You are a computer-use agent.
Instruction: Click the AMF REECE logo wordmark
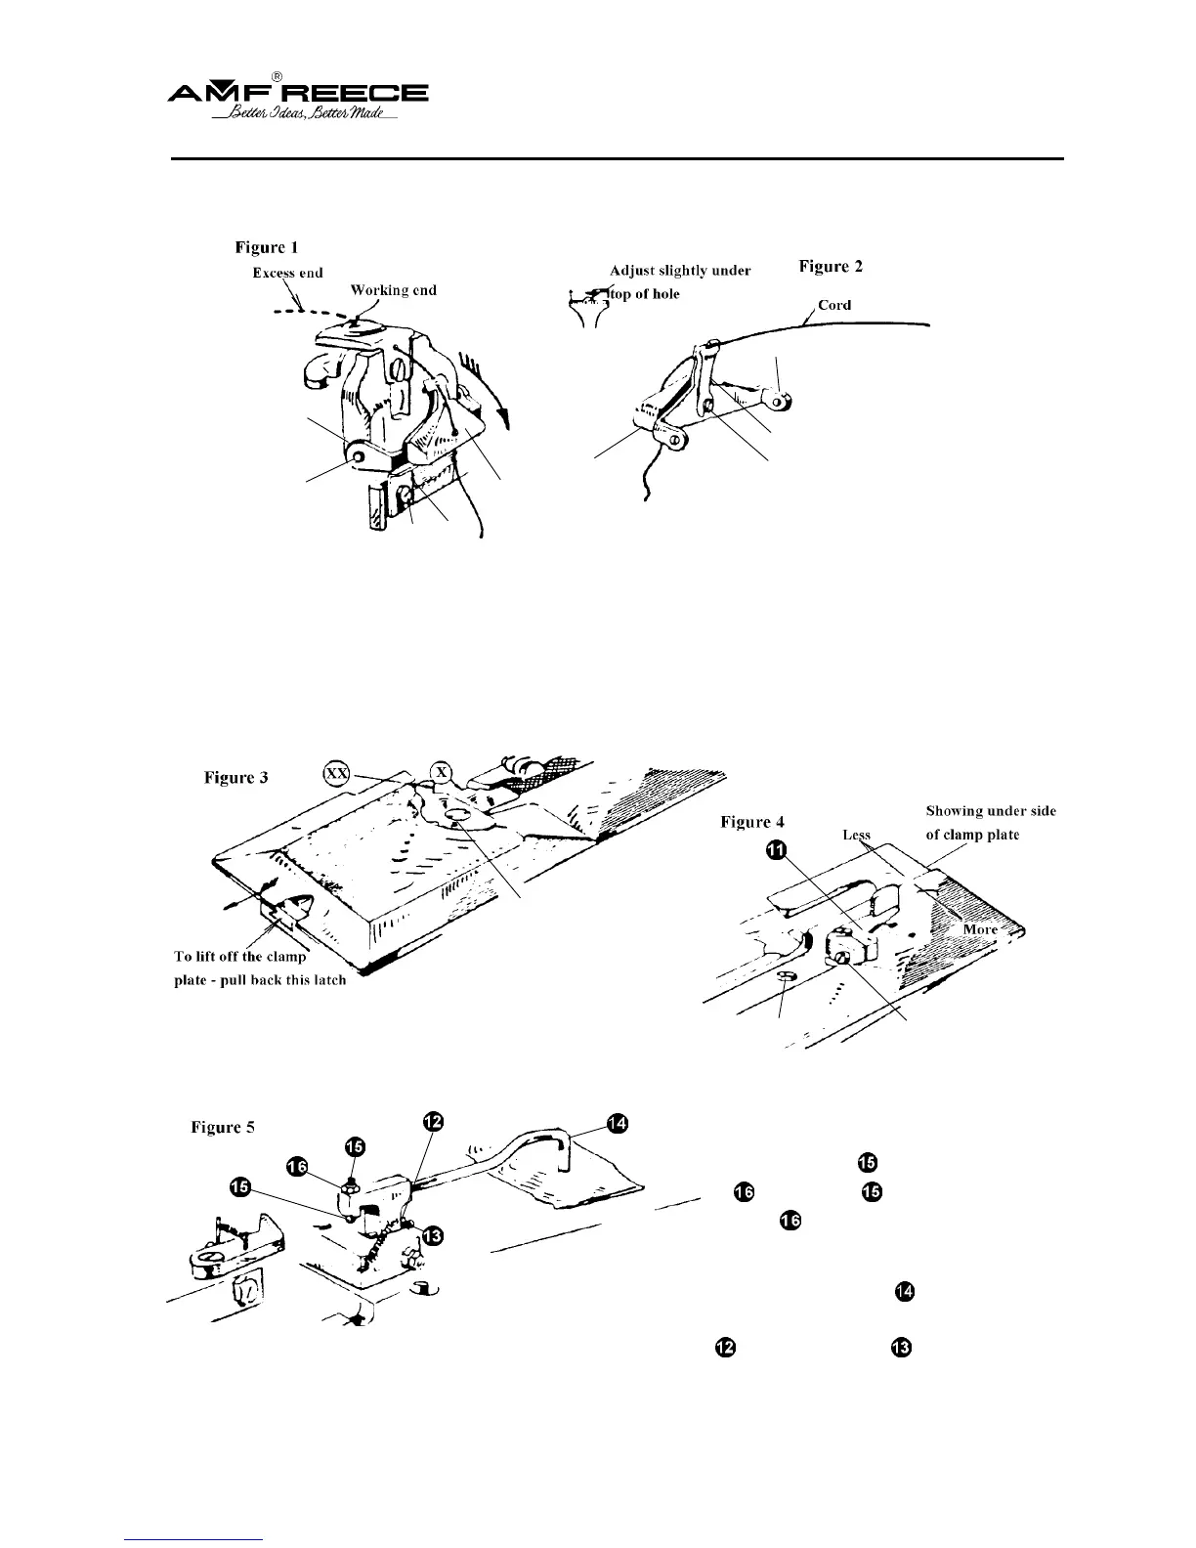pyautogui.click(x=298, y=94)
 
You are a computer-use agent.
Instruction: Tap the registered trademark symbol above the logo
pyautogui.click(x=278, y=76)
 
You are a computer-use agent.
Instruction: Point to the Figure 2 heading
pyautogui.click(x=831, y=266)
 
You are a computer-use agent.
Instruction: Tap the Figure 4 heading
pyautogui.click(x=751, y=822)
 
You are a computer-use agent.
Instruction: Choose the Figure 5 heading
pyautogui.click(x=223, y=1127)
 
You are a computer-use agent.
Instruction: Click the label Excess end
pyautogui.click(x=287, y=273)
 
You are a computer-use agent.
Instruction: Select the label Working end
pyautogui.click(x=393, y=289)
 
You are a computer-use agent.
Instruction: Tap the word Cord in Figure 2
pyautogui.click(x=834, y=305)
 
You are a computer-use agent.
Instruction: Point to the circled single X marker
pyautogui.click(x=442, y=772)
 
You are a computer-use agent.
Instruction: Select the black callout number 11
pyautogui.click(x=775, y=852)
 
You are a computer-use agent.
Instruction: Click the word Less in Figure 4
pyautogui.click(x=856, y=836)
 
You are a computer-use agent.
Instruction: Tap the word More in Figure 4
pyautogui.click(x=980, y=928)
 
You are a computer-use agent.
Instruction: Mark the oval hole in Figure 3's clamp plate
pyautogui.click(x=458, y=813)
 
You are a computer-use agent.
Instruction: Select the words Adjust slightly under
pyautogui.click(x=679, y=270)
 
